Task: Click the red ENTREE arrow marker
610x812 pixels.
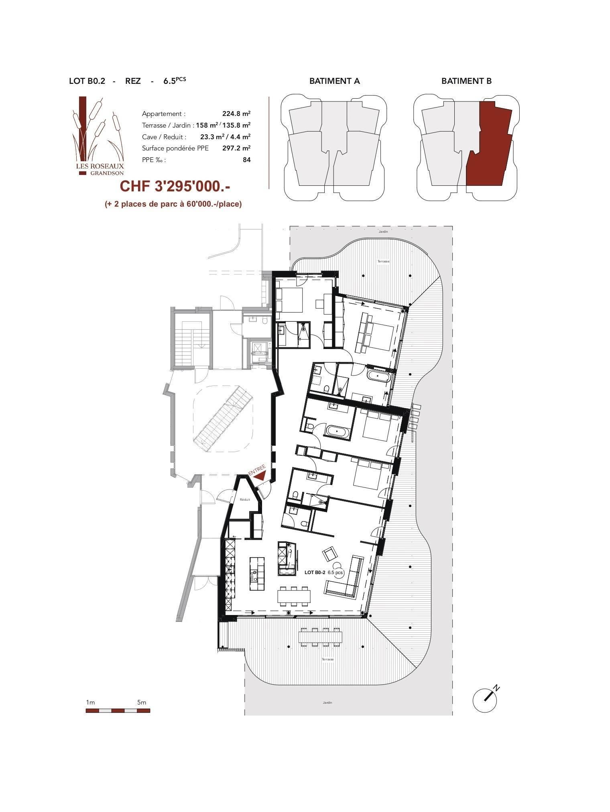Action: coord(260,476)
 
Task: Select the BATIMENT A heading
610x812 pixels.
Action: coord(334,81)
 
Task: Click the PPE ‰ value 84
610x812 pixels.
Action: coord(247,160)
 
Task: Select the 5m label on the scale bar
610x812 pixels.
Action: coord(142,702)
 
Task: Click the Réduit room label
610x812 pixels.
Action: coord(245,499)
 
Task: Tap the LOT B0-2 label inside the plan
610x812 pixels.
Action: coord(314,572)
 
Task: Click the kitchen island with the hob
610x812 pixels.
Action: coord(257,573)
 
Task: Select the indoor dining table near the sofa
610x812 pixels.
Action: coord(295,597)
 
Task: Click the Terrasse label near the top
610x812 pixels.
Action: coord(383,261)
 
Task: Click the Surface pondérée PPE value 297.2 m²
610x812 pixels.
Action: coord(236,148)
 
